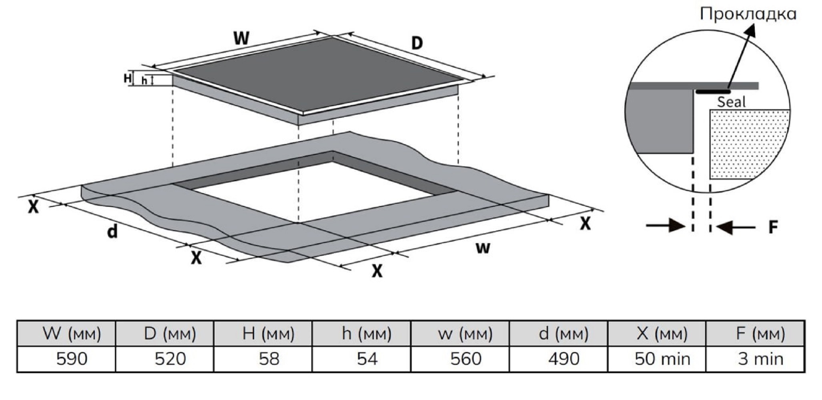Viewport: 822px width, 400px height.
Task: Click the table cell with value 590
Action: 66,359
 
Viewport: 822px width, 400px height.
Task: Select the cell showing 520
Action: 164,359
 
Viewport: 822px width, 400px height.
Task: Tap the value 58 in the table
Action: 263,359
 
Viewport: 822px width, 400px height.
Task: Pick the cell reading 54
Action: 361,359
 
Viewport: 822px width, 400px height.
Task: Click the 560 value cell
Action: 460,359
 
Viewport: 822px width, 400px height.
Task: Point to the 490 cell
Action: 558,359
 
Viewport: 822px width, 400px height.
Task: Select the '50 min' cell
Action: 657,359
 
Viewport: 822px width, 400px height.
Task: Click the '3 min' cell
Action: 755,359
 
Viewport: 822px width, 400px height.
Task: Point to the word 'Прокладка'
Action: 748,14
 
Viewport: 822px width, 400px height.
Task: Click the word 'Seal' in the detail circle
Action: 731,102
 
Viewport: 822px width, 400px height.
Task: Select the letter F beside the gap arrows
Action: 773,227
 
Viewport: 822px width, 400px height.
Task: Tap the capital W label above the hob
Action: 241,38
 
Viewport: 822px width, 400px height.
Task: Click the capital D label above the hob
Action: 417,43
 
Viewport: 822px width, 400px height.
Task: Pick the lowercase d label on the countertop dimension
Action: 113,231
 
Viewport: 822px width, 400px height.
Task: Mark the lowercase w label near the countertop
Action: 483,248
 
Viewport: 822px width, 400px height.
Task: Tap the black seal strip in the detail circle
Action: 713,92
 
